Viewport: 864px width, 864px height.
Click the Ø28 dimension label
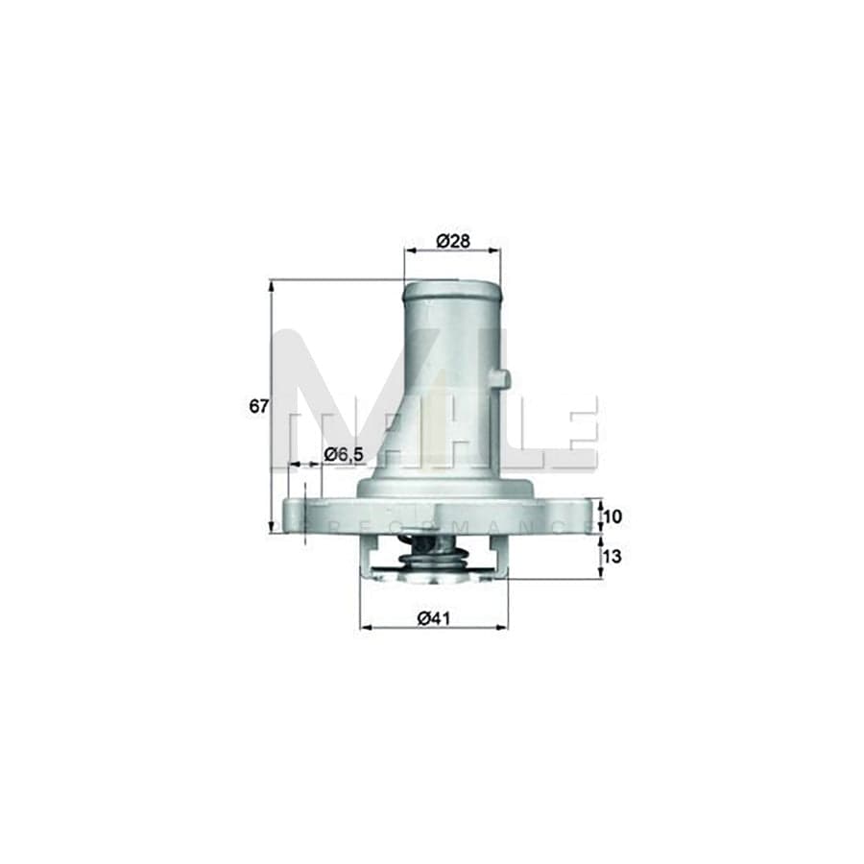point(452,242)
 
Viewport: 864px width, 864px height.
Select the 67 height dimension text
point(258,406)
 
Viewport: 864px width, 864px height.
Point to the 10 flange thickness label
point(613,516)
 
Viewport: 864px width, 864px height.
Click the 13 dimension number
point(613,556)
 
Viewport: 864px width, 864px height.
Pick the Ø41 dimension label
point(434,620)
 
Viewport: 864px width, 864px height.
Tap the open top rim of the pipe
point(451,285)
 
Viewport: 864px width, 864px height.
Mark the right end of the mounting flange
point(588,515)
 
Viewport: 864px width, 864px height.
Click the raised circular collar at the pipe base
point(444,488)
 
